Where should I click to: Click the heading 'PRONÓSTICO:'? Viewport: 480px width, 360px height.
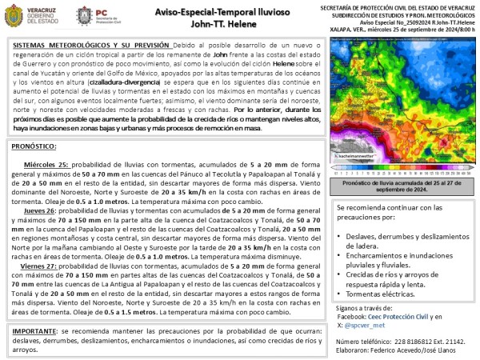pos(34,147)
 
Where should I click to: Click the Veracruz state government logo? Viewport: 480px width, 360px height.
pos(35,17)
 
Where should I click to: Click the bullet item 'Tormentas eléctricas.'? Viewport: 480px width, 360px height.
pos(382,293)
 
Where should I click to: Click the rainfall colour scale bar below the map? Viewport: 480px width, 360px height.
pos(402,170)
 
